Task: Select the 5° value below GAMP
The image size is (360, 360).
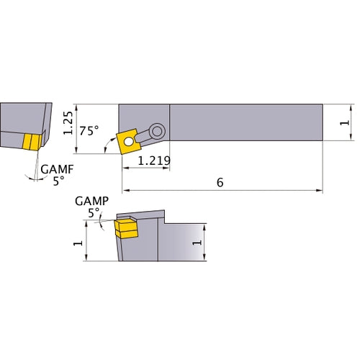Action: pos(92,213)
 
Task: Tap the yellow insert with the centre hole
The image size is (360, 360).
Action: pos(128,140)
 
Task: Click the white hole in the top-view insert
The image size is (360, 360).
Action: pos(128,141)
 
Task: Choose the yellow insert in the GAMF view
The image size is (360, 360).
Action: pos(30,142)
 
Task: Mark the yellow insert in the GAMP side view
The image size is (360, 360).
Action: pos(125,228)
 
